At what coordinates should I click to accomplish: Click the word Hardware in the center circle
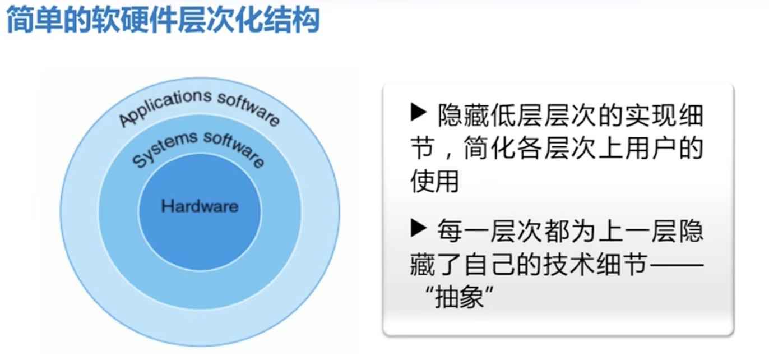(200, 206)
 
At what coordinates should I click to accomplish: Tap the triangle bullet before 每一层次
(419, 228)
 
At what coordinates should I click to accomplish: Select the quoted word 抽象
(459, 297)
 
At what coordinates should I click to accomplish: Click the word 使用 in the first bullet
(435, 182)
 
